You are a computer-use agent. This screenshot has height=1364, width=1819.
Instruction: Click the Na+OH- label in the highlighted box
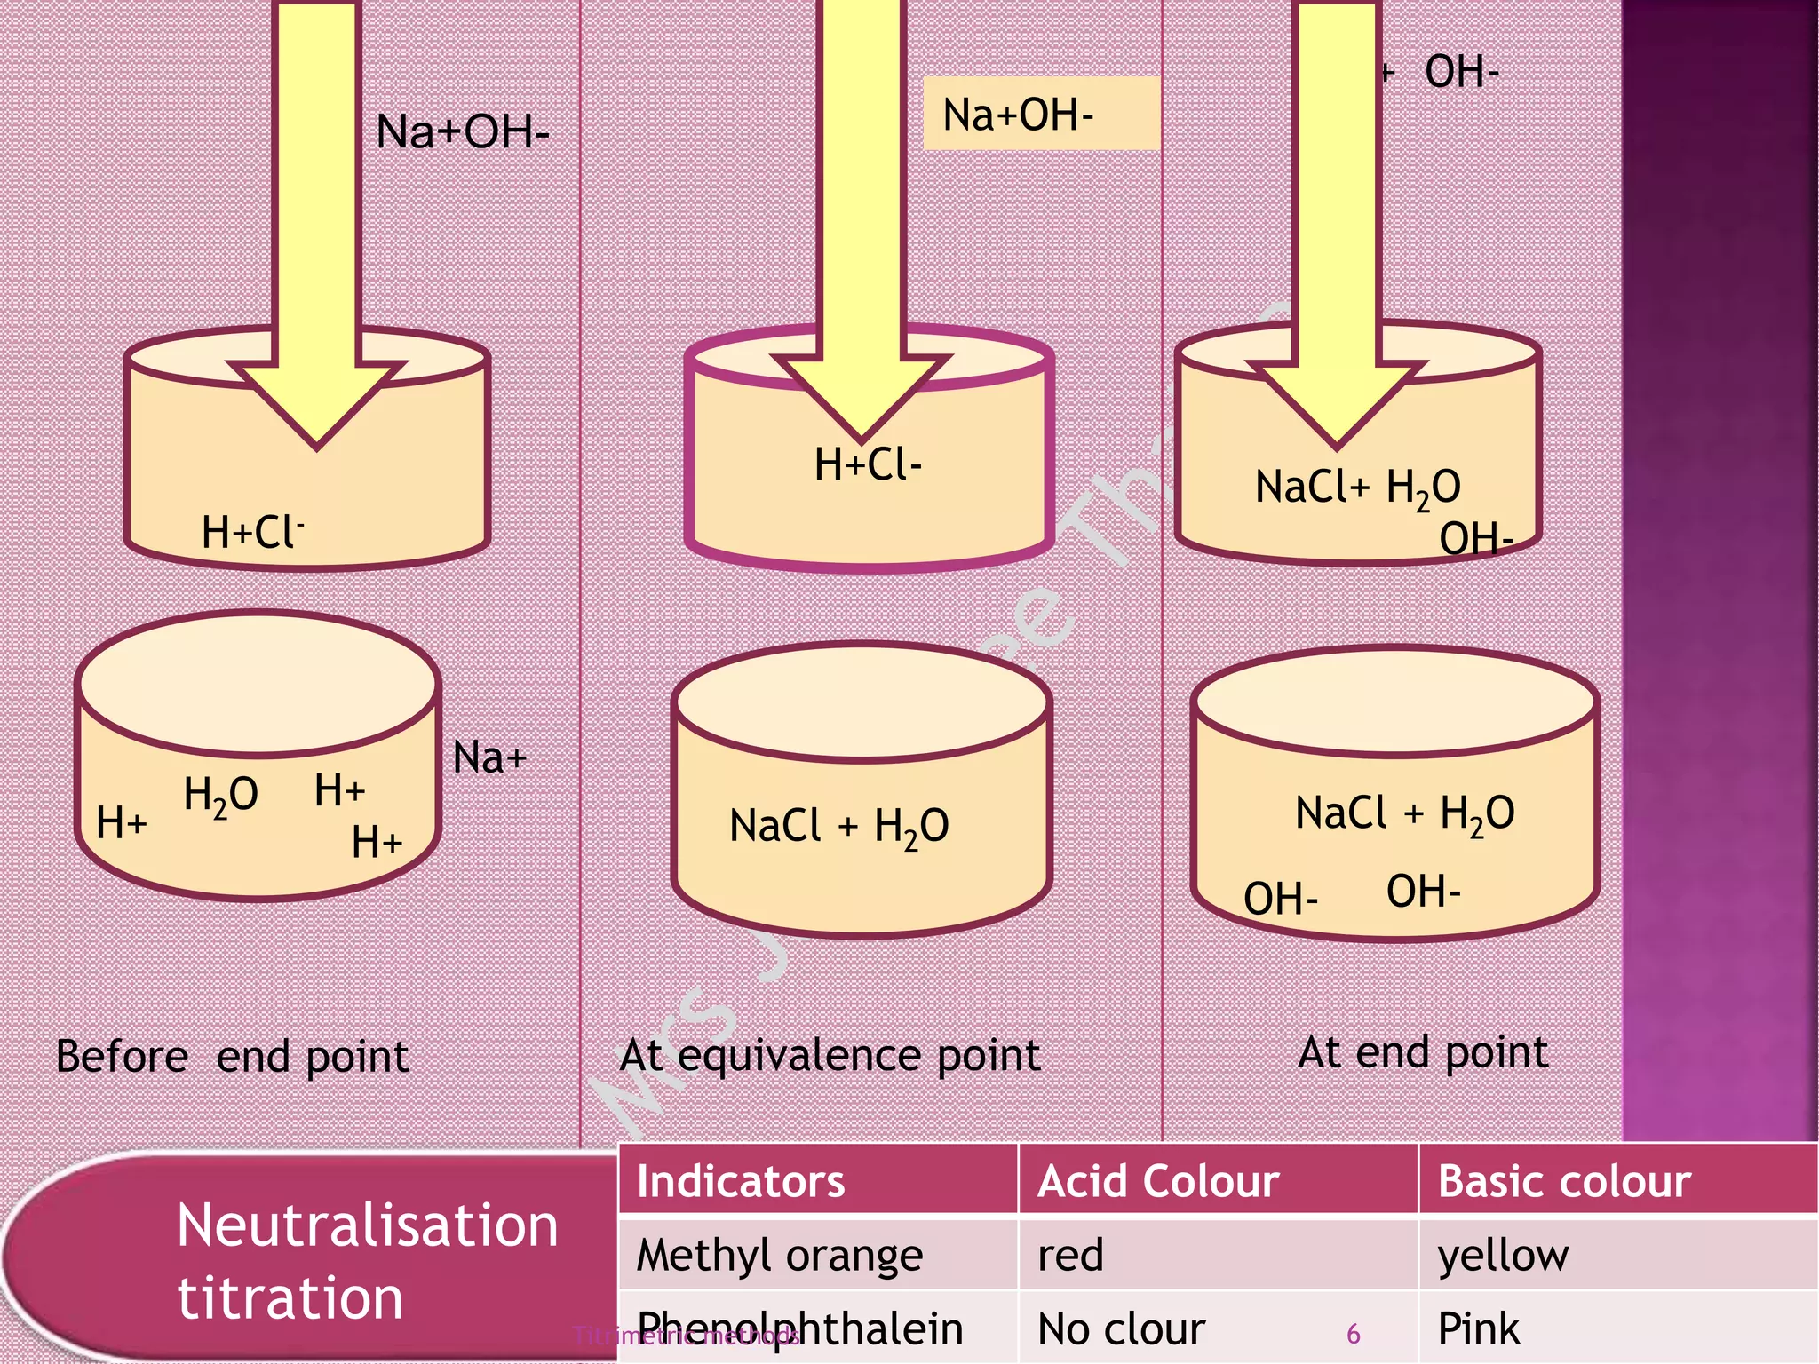pyautogui.click(x=1018, y=115)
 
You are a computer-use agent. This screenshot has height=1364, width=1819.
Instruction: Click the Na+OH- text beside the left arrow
pyautogui.click(x=462, y=131)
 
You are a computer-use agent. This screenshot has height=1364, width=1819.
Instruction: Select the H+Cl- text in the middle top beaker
pyautogui.click(x=868, y=464)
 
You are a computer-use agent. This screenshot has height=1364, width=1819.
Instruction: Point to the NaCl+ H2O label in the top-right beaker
pyautogui.click(x=1357, y=488)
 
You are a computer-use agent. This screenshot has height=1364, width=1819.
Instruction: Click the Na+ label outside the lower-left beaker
pyautogui.click(x=489, y=758)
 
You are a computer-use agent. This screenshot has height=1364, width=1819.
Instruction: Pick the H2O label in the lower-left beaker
pyautogui.click(x=220, y=794)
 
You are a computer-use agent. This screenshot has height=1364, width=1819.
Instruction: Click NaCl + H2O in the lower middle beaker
pyautogui.click(x=838, y=826)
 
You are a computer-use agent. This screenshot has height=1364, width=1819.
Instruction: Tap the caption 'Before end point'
pyautogui.click(x=232, y=1057)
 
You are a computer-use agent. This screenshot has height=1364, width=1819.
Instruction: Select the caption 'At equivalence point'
pyautogui.click(x=830, y=1055)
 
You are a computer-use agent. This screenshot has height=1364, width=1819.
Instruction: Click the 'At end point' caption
pyautogui.click(x=1423, y=1052)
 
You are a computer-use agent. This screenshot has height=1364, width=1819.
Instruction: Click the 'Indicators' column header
pyautogui.click(x=741, y=1182)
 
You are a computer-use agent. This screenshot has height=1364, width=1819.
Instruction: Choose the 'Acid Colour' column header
pyautogui.click(x=1158, y=1182)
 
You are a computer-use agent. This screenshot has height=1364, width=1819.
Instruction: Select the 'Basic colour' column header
pyautogui.click(x=1563, y=1182)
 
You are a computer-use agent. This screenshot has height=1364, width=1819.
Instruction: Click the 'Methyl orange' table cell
pyautogui.click(x=780, y=1256)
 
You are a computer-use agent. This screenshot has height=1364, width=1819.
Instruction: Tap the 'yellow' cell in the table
pyautogui.click(x=1503, y=1256)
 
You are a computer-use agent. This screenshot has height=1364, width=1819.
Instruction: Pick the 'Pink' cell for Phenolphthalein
pyautogui.click(x=1478, y=1329)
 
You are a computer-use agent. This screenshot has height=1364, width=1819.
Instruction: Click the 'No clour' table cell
pyautogui.click(x=1121, y=1329)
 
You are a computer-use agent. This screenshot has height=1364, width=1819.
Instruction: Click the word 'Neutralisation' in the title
pyautogui.click(x=368, y=1226)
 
